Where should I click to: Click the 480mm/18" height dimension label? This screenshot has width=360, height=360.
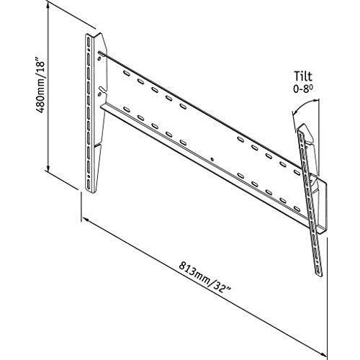coord(40,84)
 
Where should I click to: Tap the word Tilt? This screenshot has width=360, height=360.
coord(304,76)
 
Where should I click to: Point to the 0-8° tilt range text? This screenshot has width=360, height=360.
coord(303,89)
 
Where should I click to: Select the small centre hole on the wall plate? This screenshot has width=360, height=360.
coord(212,158)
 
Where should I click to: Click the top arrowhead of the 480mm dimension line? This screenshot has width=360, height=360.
coord(49,5)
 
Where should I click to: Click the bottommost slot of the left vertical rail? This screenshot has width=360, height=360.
coord(89,184)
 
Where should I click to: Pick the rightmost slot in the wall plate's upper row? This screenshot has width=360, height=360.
coord(297,172)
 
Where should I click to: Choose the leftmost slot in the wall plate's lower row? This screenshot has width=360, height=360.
coord(127,110)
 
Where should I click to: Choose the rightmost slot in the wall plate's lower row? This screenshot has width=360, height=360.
coord(297,208)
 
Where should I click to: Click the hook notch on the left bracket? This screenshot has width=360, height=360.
coord(102,91)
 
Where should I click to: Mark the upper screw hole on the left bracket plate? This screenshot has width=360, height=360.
coord(99,58)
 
